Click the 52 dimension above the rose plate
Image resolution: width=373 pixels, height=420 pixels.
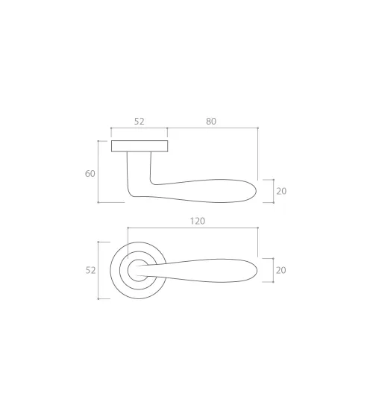pos(139,122)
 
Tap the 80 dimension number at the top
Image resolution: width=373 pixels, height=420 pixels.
pos(211,122)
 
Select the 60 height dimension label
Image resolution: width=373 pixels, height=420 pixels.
pos(90,174)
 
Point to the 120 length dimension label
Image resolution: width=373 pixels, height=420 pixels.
pos(198,221)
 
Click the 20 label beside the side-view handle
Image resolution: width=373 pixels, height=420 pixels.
pos(281,191)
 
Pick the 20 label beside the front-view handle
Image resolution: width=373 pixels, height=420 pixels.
pos(281,270)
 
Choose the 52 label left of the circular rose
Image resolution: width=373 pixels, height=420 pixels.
pos(90,270)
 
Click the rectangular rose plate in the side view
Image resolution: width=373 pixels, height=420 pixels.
pos(140,146)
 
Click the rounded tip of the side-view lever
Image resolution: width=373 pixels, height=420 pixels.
pos(257,191)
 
